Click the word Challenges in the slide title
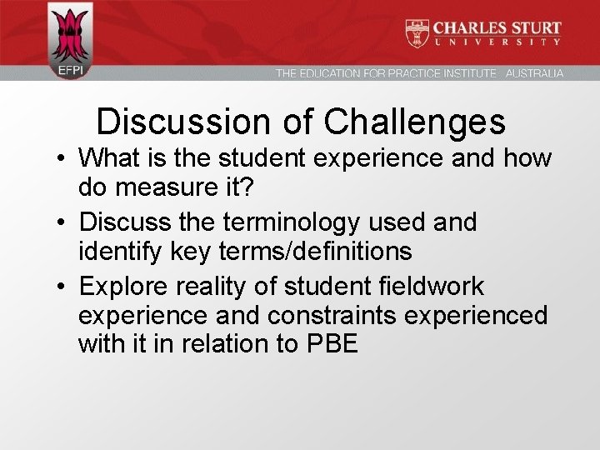pyautogui.click(x=414, y=122)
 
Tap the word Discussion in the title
pyautogui.click(x=179, y=122)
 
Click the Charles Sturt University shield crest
pyautogui.click(x=417, y=32)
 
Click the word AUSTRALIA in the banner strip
pyautogui.click(x=534, y=73)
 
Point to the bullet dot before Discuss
pyautogui.click(x=62, y=223)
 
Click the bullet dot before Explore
pyautogui.click(x=62, y=287)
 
